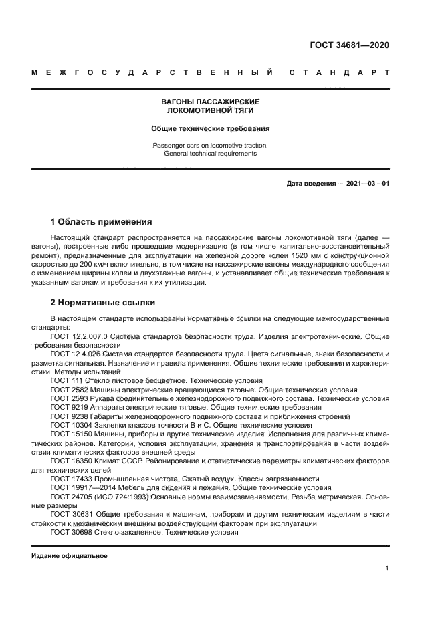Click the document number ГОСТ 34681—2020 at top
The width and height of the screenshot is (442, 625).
349,45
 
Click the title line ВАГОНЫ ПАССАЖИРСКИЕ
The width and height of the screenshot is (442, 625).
210,102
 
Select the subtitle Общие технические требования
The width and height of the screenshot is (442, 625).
210,128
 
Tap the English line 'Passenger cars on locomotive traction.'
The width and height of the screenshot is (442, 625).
210,145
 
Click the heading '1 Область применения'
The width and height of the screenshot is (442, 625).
102,222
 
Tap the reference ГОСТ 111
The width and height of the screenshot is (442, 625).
64,380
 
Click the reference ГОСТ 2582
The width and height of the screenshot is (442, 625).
67,389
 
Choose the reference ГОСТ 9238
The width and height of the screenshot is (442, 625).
67,416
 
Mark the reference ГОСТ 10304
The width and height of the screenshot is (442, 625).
69,424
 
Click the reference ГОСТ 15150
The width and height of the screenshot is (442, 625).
69,434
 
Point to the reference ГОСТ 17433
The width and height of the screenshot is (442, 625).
69,478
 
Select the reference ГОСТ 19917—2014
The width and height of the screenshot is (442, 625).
81,487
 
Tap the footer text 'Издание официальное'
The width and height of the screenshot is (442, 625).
69,556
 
